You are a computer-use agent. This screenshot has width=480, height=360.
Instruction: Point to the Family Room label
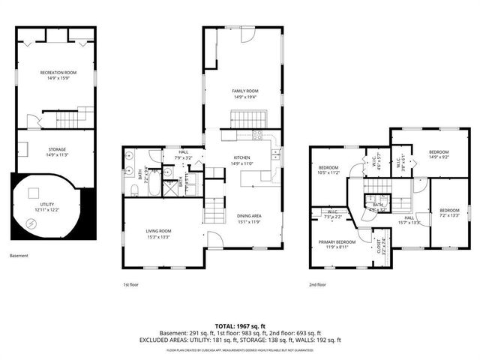click(245, 94)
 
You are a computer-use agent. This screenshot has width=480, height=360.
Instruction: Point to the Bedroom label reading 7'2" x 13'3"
click(449, 212)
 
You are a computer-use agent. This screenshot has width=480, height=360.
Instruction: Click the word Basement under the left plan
click(19, 256)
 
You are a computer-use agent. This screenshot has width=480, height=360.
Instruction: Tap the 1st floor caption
click(132, 285)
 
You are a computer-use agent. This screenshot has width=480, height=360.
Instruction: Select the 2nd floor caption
click(317, 285)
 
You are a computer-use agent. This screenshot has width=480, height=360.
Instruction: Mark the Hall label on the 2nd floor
click(412, 220)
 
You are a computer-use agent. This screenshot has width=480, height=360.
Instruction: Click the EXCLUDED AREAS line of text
click(240, 341)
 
